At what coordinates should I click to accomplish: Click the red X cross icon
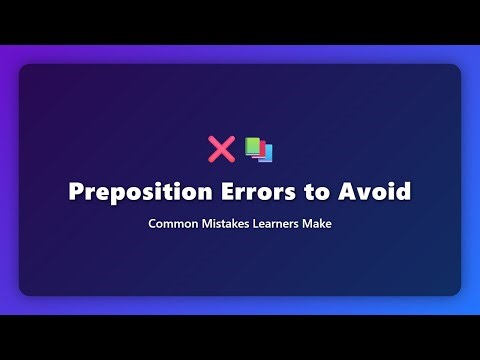[x=220, y=149]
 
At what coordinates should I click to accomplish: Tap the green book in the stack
[x=251, y=145]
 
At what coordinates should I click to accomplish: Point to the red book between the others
[x=259, y=149]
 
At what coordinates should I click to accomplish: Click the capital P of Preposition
[x=76, y=191]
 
